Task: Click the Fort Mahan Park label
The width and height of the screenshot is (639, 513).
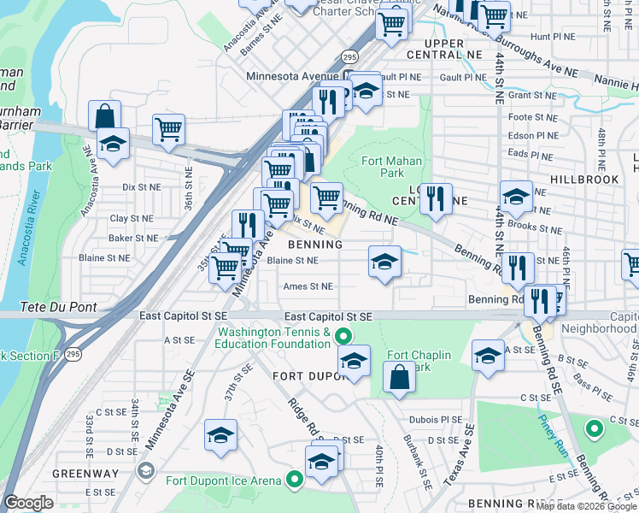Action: tap(382, 166)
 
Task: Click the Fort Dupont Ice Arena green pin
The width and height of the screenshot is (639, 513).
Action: tap(295, 481)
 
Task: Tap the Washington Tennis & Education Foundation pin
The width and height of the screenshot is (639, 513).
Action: tap(343, 334)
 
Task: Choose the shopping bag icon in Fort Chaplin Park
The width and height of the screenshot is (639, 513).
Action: tap(399, 376)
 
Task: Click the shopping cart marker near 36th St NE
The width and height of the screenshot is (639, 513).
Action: tap(168, 130)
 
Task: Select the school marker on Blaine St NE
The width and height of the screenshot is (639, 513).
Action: tap(385, 262)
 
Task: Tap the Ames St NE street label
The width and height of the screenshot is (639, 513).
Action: tap(308, 287)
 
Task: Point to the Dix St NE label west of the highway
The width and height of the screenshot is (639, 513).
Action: tap(141, 186)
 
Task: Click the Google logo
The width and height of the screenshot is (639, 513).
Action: tap(28, 503)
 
